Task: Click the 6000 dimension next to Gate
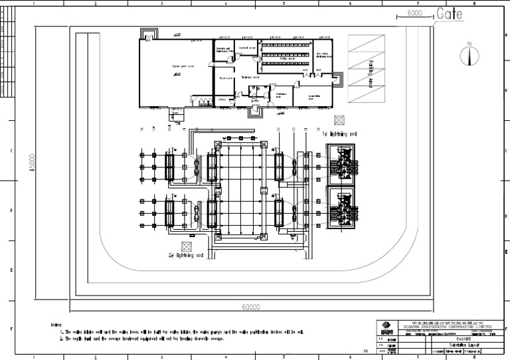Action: (x=414, y=13)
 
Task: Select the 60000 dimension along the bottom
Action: (x=250, y=307)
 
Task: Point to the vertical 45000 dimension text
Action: (x=31, y=163)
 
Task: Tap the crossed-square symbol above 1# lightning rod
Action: (x=339, y=120)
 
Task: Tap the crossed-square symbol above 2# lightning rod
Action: (x=186, y=244)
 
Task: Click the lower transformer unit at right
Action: (x=341, y=207)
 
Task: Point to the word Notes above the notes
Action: (x=56, y=324)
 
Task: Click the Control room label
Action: (x=248, y=49)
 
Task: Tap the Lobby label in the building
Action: (x=254, y=100)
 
